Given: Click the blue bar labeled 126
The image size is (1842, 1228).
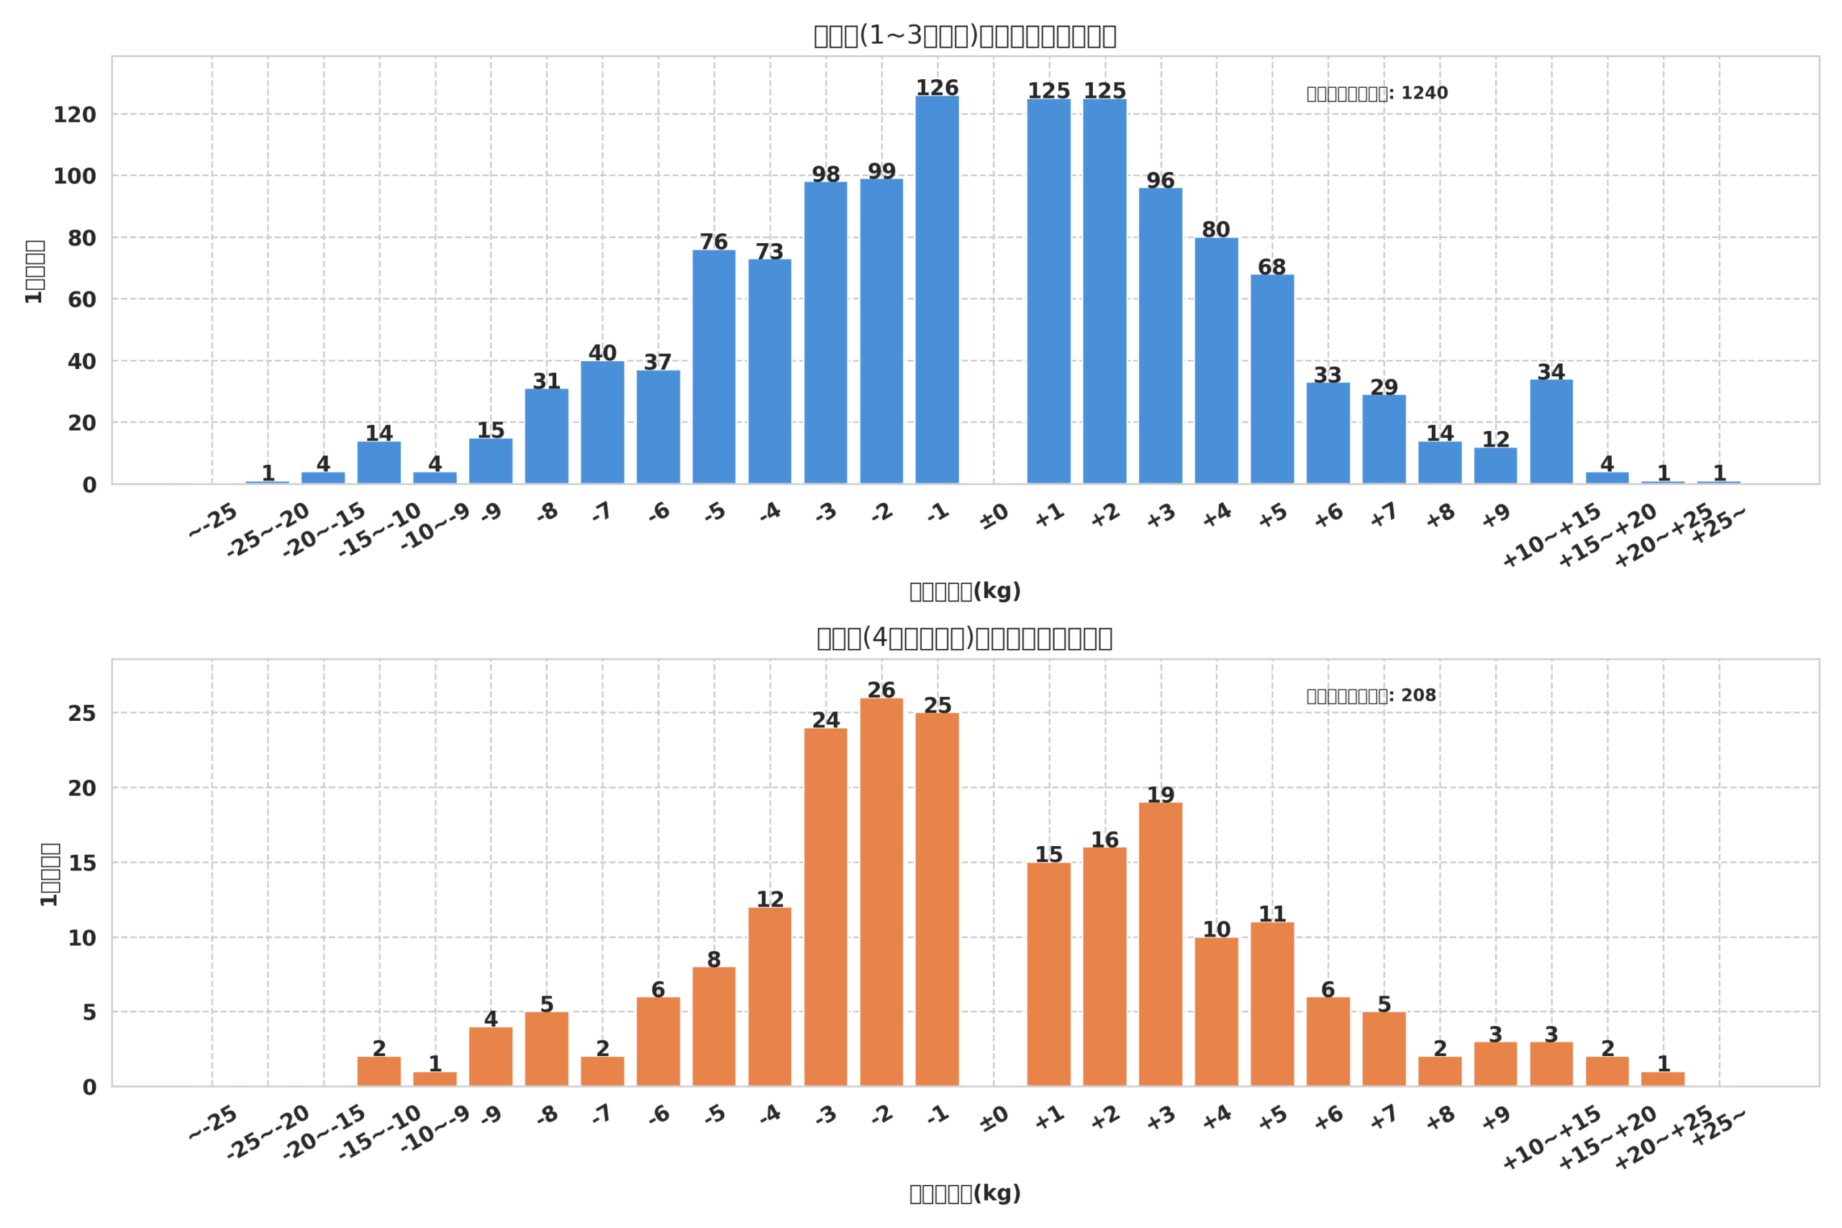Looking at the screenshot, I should tap(937, 290).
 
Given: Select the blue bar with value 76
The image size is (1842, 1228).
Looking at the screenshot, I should tap(714, 366).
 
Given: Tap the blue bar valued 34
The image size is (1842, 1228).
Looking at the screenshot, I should tap(1551, 432).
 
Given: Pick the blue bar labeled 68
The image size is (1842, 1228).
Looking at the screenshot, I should tap(1272, 379).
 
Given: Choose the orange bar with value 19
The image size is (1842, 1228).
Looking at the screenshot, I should tap(1160, 944).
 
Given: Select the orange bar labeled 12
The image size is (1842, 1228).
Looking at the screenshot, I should tap(769, 996).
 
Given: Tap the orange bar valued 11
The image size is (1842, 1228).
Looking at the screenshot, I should tap(1272, 1004).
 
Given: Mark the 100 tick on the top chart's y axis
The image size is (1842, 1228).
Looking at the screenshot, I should tap(74, 177).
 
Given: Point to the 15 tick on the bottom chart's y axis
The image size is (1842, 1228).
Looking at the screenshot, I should tap(81, 864).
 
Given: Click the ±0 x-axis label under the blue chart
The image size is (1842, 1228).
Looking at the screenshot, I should tap(994, 517).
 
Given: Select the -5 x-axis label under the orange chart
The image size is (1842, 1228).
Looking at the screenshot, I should tap(715, 1114).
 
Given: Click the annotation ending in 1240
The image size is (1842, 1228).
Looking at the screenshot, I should tap(1376, 94).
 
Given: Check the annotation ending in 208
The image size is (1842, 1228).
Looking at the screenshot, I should tap(1371, 696).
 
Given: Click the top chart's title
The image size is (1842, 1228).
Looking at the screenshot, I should tap(965, 36).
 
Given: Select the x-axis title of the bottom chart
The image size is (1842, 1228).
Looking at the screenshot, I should tap(965, 1193).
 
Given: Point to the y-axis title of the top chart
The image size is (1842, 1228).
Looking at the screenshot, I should tap(35, 272).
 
